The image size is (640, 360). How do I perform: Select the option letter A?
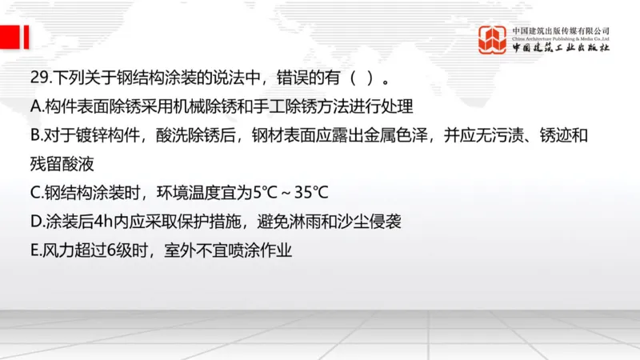[34, 106]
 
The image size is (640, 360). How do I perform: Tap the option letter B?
[34, 135]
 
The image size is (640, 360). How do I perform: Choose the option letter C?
[34, 193]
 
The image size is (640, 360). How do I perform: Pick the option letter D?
[34, 222]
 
